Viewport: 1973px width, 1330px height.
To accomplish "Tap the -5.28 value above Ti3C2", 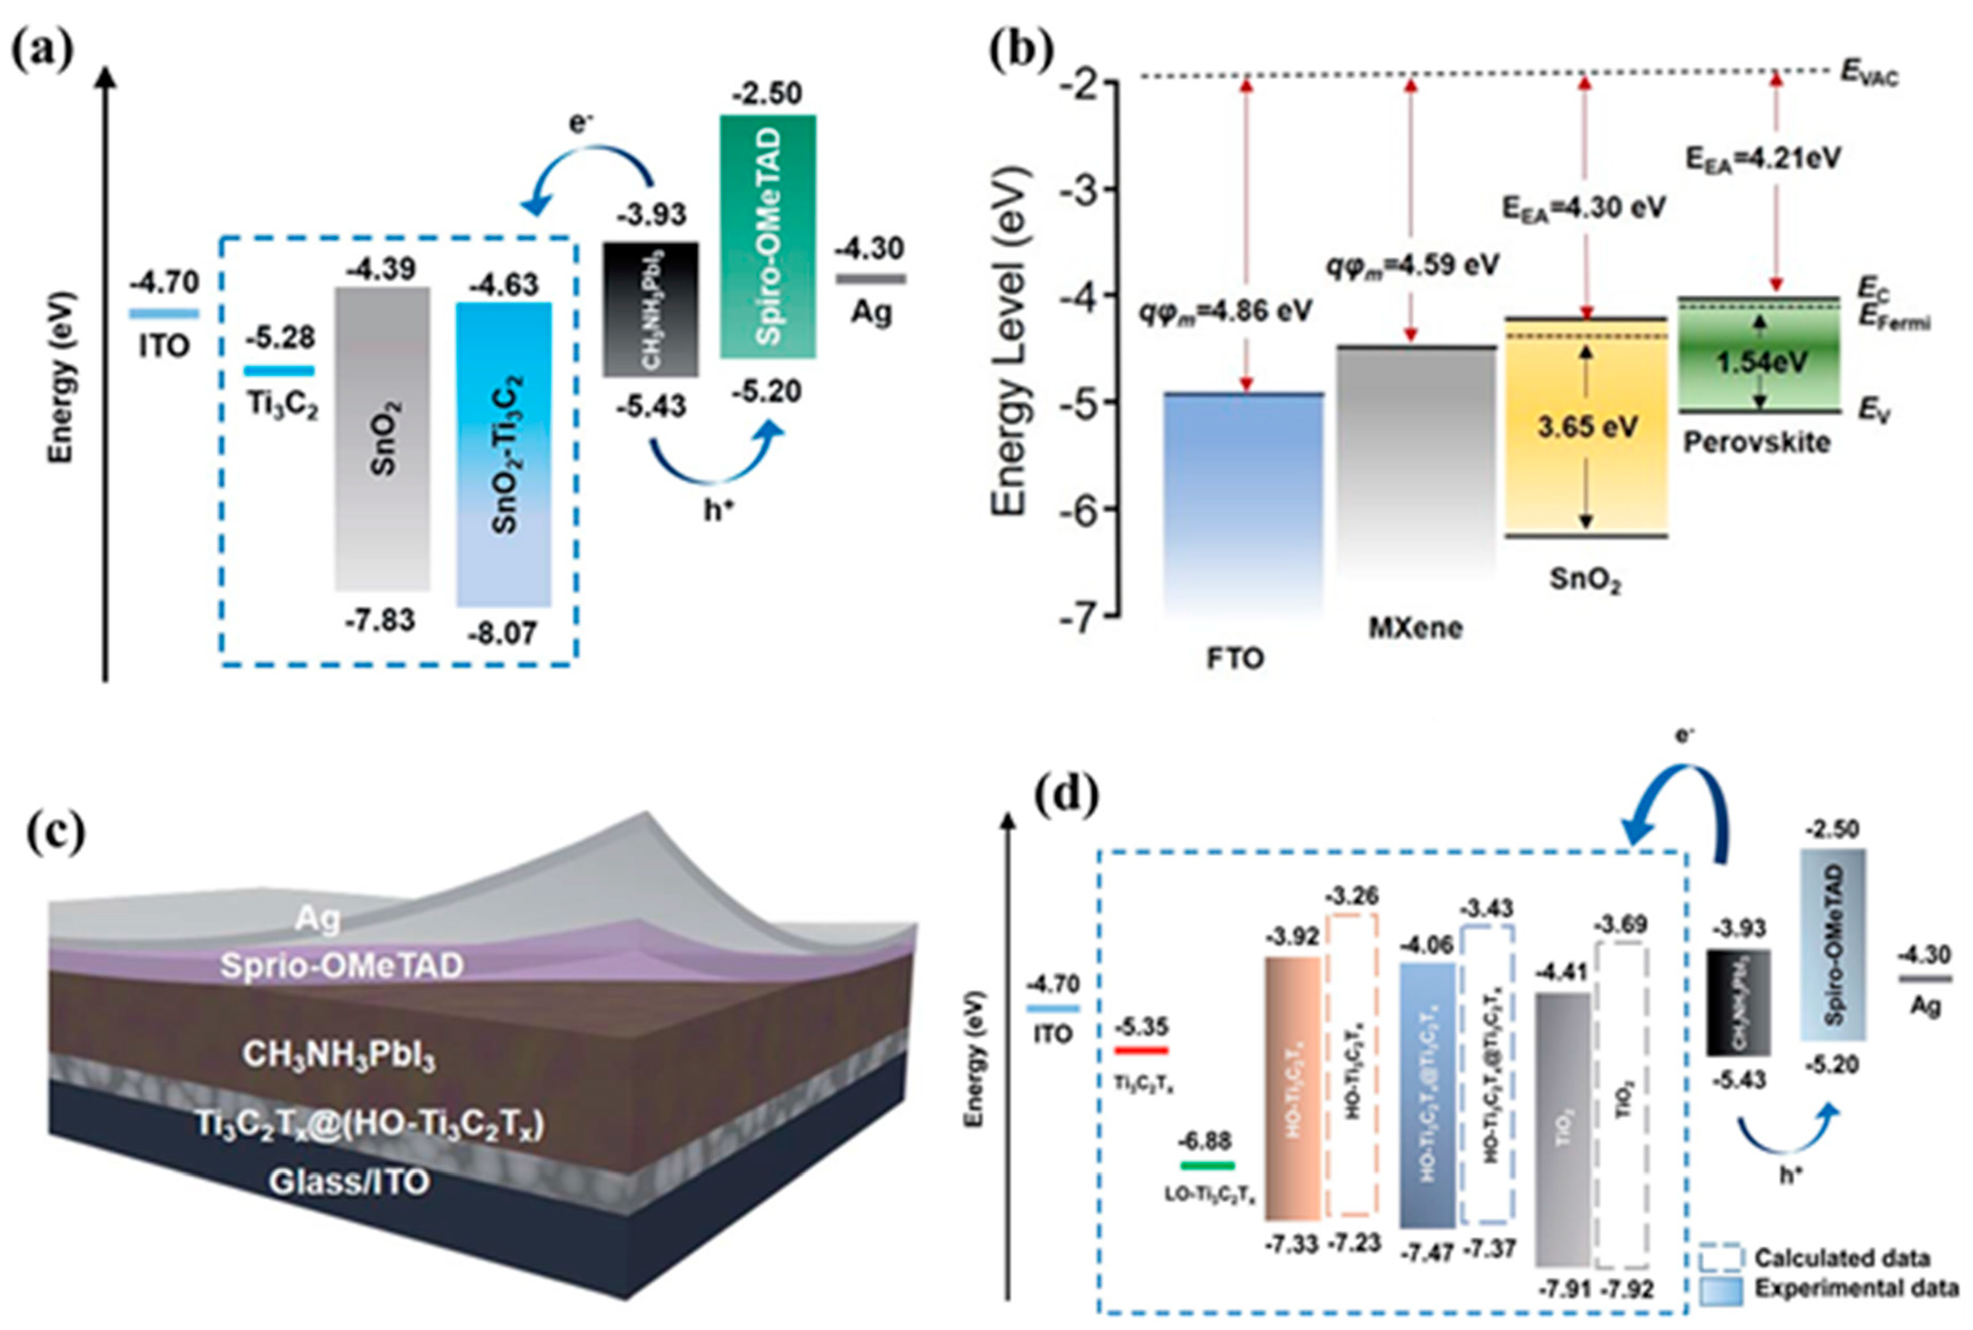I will click(281, 337).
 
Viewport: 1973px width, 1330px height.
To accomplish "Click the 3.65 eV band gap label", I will click(1587, 427).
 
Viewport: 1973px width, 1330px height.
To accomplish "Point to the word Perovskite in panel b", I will click(1756, 443).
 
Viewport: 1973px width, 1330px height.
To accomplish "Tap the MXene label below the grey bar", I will click(1415, 627).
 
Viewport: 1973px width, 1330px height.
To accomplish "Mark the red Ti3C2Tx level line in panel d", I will click(1140, 1050).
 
